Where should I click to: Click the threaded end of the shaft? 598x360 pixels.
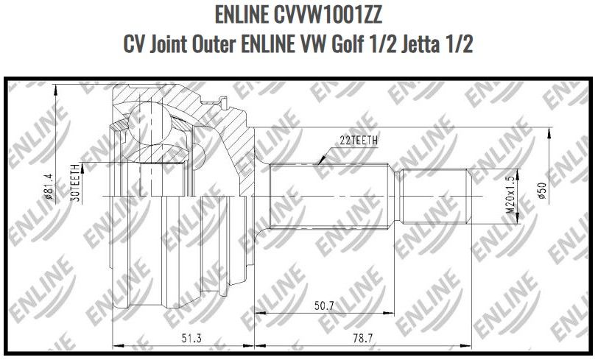pos(435,197)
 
